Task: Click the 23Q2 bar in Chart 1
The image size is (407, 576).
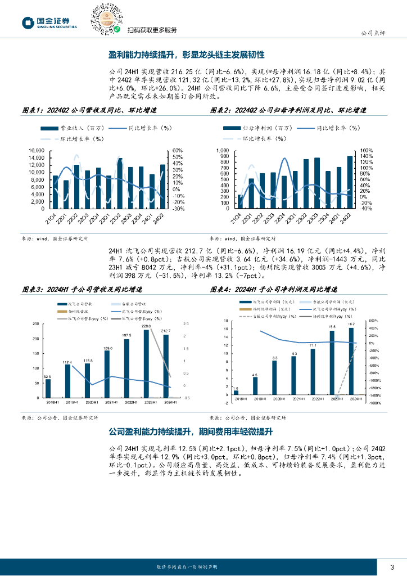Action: (x=120, y=183)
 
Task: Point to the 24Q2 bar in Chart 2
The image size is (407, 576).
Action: (x=350, y=182)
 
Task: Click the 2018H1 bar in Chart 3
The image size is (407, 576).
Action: (x=48, y=388)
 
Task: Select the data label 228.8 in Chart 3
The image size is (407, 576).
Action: (x=146, y=326)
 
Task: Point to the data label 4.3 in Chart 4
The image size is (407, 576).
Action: (x=255, y=375)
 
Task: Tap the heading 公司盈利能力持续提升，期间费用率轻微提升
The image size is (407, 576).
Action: (x=190, y=432)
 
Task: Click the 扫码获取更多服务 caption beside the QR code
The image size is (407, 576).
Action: (x=152, y=30)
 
